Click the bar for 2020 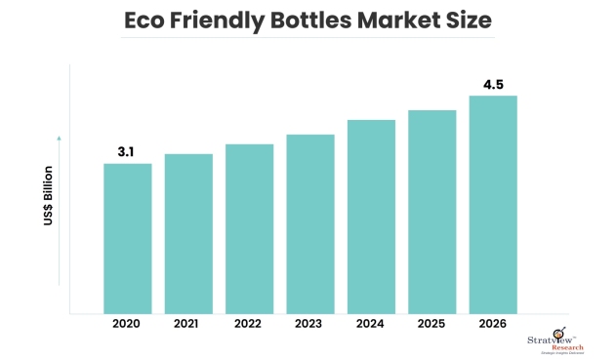click(x=128, y=238)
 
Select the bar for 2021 click(x=188, y=233)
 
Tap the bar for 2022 click(x=249, y=228)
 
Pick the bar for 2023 click(x=310, y=223)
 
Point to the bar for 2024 click(x=371, y=217)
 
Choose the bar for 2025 click(x=431, y=212)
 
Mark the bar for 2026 click(x=493, y=204)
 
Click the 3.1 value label click(x=128, y=151)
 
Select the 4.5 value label click(x=493, y=84)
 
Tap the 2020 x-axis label click(x=128, y=324)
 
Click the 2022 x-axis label click(x=249, y=324)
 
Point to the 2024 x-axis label click(x=371, y=324)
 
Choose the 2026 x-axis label click(x=493, y=324)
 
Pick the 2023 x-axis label click(x=310, y=324)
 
